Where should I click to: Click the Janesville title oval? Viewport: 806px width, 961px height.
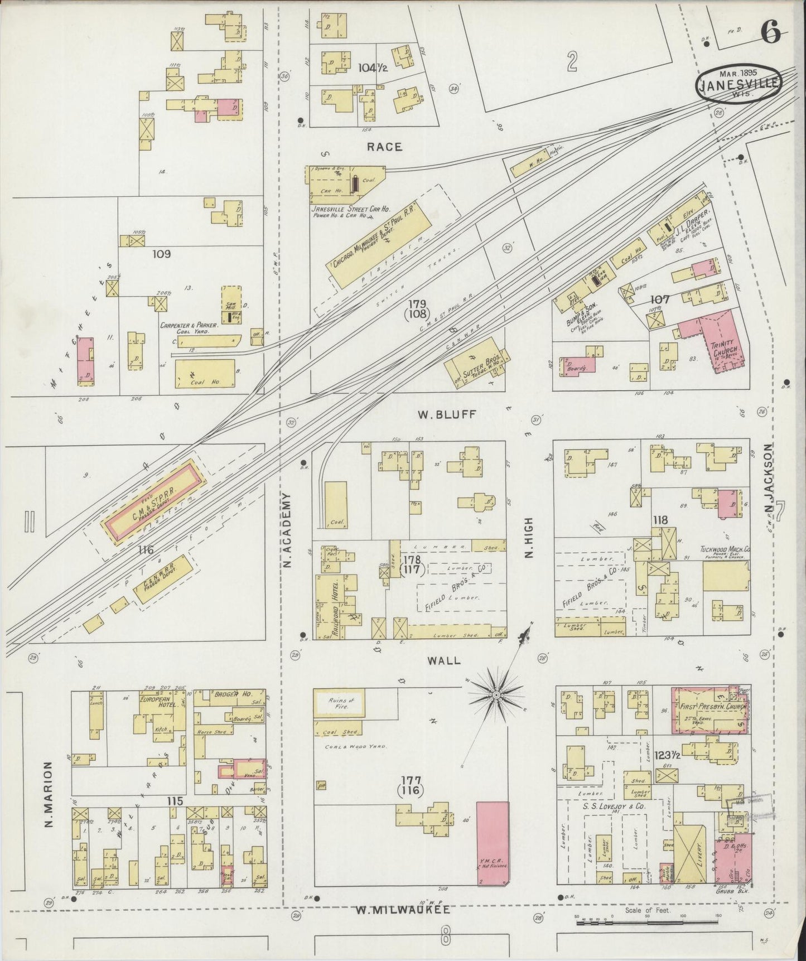738,83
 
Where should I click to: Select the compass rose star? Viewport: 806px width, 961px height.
495,694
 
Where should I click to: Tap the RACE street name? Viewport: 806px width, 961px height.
384,147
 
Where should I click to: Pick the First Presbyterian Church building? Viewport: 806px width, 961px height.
710,710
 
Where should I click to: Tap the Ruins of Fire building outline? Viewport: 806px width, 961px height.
339,703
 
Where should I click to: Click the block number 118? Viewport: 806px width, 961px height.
660,520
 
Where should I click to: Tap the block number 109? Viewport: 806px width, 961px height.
161,254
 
